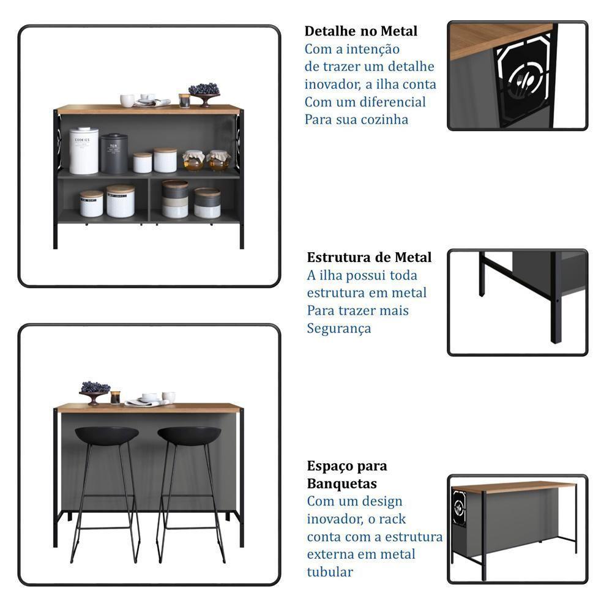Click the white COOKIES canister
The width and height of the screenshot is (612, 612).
tap(84, 151)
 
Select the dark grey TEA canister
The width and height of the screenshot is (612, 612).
tap(114, 154)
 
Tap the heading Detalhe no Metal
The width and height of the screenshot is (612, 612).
tap(361, 31)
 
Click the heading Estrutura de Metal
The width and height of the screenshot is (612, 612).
tap(369, 257)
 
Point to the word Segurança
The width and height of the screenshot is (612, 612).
tap(338, 329)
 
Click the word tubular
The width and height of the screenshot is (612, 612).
tap(330, 572)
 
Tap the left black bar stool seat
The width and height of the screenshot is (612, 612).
tap(106, 435)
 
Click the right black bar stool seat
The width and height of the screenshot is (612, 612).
tap(189, 435)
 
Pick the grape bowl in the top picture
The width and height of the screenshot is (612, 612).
tap(204, 92)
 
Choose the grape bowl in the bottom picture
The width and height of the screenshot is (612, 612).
tap(95, 391)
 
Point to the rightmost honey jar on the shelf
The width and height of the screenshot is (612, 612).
tap(218, 160)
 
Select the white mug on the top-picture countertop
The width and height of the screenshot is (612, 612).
tap(127, 100)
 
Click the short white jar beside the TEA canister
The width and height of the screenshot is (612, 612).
tap(143, 163)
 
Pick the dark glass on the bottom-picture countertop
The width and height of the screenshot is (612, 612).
tap(115, 397)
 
